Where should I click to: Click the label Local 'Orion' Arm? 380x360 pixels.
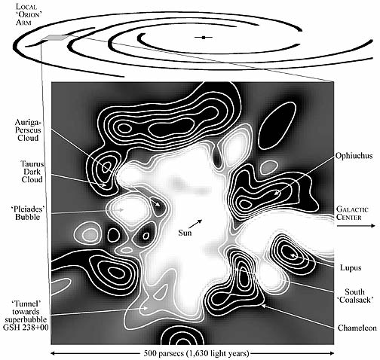27,14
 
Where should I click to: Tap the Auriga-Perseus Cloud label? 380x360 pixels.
28,130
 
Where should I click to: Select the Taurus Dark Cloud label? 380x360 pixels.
32,172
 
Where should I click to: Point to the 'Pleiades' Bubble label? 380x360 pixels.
28,213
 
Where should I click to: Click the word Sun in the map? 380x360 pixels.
185,233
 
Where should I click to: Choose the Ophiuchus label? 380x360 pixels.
354,156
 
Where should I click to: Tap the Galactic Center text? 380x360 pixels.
352,213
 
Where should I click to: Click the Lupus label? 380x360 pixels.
351,268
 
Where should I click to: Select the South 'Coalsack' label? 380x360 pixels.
354,296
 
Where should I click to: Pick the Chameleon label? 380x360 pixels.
357,328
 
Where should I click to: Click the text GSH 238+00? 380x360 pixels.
26,328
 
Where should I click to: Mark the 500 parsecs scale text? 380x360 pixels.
196,353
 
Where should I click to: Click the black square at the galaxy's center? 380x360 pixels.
204,38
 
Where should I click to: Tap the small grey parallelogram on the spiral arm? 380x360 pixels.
54,38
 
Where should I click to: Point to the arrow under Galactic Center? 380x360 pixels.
355,226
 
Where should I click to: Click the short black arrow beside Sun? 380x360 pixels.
198,224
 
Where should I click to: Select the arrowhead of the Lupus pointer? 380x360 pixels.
293,255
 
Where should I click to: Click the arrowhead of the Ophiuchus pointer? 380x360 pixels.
276,193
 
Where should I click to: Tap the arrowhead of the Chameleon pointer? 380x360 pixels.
263,306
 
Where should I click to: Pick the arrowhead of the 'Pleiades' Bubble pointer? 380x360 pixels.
121,209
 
